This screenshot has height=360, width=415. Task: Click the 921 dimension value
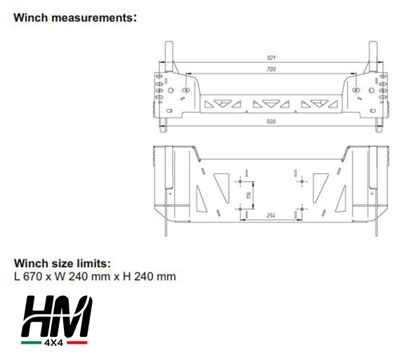(271, 58)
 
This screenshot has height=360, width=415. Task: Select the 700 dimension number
(271, 69)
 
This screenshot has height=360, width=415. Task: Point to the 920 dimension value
(271, 121)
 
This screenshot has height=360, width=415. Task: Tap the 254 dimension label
(271, 215)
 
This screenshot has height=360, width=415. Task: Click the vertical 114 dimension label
(249, 196)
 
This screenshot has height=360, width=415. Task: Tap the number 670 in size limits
(33, 276)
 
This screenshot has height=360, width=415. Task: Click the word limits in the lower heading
(93, 263)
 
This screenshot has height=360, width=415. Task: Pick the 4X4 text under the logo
(53, 342)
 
